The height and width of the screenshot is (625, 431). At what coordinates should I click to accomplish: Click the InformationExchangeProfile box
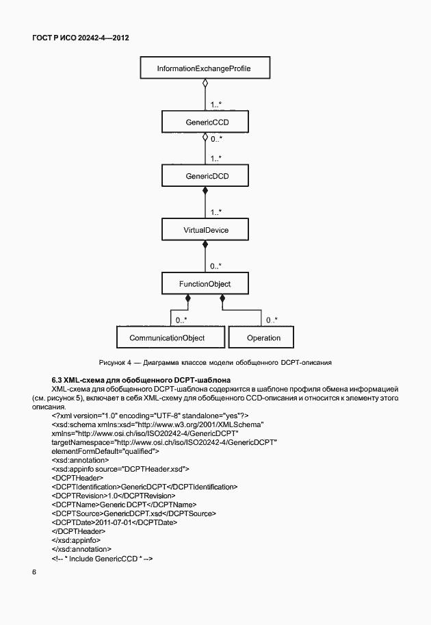coord(203,69)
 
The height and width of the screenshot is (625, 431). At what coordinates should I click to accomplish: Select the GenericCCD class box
coord(203,123)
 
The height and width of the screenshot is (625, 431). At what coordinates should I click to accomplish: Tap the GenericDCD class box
coord(203,176)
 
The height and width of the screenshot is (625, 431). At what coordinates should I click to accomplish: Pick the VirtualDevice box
coord(203,230)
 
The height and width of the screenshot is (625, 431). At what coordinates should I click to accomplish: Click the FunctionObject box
coord(203,283)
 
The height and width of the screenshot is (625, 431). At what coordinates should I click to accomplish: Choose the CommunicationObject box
coord(167,337)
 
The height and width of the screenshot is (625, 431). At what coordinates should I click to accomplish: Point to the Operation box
coord(263,337)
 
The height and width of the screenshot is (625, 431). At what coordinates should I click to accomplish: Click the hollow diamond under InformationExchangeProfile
coord(204,86)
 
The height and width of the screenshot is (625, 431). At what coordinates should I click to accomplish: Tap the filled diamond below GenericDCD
coord(204,192)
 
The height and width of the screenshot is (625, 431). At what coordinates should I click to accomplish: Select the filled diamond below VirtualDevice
coord(204,246)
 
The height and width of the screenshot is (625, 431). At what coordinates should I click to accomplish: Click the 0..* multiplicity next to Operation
coord(272,319)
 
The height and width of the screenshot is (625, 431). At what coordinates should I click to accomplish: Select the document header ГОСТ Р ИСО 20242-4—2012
coord(81,38)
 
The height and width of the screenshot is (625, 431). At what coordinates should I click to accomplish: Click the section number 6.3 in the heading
coord(58,379)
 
